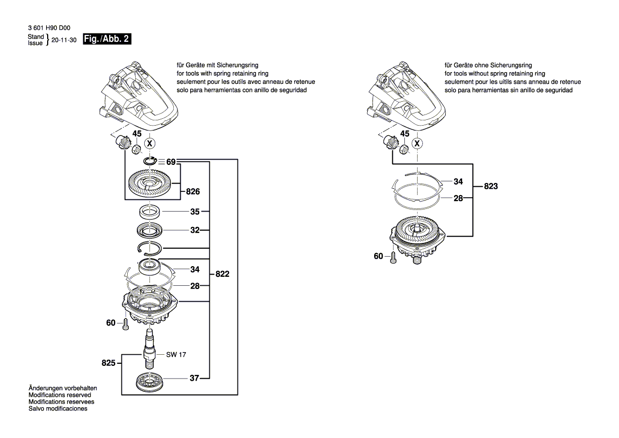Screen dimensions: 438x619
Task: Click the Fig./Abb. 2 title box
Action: [108, 40]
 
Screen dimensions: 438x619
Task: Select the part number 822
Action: [223, 274]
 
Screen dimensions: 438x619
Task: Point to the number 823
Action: [491, 187]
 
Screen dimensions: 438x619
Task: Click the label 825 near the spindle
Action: [108, 363]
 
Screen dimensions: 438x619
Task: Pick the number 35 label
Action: [194, 212]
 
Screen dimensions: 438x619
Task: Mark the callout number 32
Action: [194, 231]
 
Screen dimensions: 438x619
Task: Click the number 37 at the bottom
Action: [194, 378]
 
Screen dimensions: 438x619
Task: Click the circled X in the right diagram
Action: [418, 143]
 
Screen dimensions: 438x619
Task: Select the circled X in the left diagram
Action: [150, 143]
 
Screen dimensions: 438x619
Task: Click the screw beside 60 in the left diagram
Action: [125, 324]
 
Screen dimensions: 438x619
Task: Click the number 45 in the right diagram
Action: [405, 134]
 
